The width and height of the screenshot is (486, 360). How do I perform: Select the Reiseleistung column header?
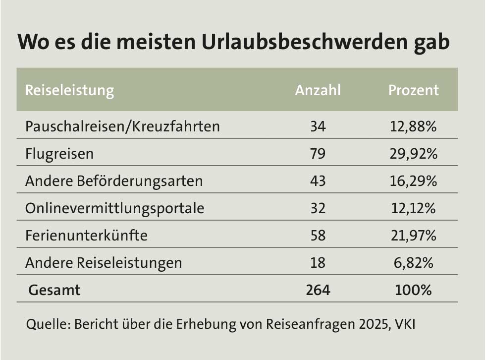point(69,90)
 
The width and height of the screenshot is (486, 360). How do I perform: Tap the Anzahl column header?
point(318,90)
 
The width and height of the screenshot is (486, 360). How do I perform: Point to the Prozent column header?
point(413,90)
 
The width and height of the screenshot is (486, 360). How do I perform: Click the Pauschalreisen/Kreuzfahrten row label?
point(122,126)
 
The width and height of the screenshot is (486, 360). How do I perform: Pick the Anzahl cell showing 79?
point(318,154)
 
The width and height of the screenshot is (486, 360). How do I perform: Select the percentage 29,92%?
point(413,154)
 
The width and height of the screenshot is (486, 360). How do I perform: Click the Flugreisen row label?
point(59,154)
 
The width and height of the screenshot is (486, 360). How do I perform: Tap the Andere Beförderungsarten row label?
point(114,181)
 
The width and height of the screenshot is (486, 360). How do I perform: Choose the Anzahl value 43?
point(318,181)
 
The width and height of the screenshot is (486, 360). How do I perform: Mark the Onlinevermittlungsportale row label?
point(114,208)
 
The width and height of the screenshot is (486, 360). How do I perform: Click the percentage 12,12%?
point(413,208)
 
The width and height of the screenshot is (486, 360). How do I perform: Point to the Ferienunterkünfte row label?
point(86,235)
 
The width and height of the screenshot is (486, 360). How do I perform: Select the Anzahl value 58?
point(318,235)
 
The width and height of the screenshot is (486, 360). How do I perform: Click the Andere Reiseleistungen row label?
point(104,262)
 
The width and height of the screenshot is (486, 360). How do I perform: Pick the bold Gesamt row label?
point(54,290)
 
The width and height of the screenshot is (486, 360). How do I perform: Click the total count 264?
point(318,290)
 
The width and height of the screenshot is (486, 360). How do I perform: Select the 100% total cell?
point(413,290)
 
